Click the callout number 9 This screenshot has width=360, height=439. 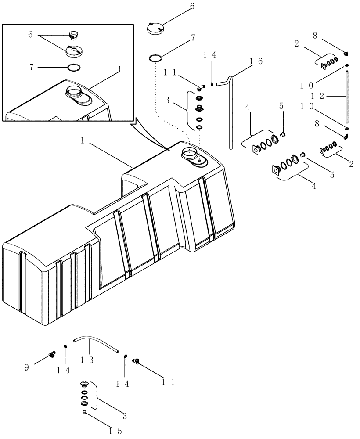27,367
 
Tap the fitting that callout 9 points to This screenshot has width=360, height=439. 52,353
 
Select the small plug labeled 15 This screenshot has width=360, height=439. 83,412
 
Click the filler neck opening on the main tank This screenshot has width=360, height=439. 191,154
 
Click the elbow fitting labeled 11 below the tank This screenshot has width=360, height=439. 137,361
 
